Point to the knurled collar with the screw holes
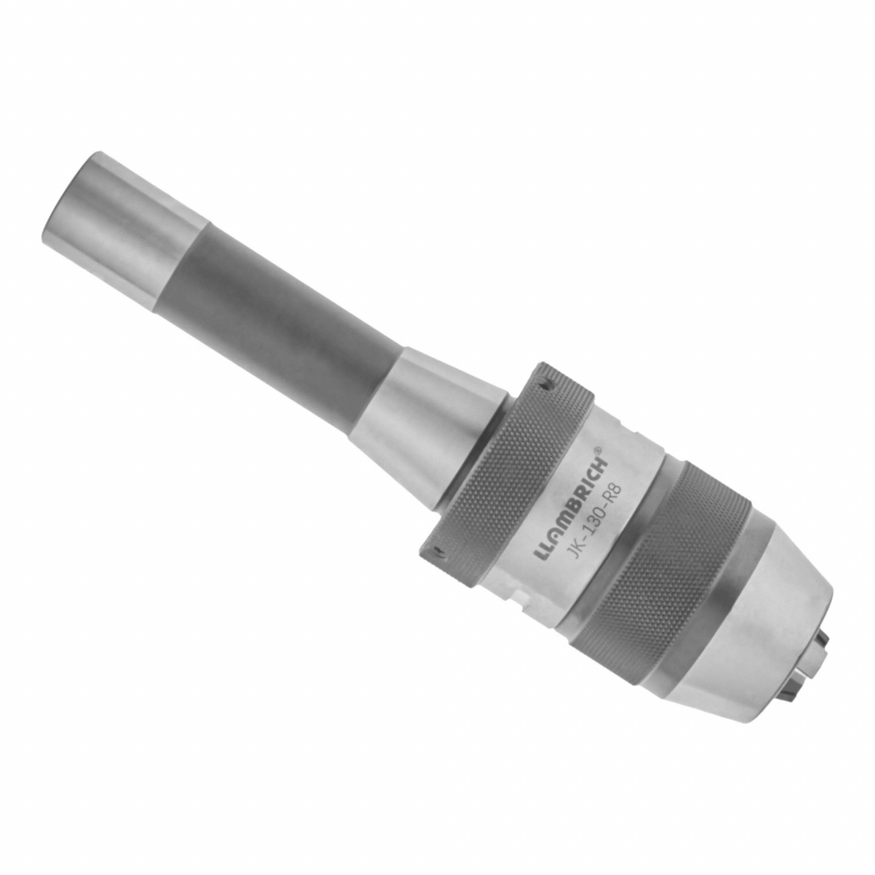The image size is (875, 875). pyautogui.click(x=507, y=471)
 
